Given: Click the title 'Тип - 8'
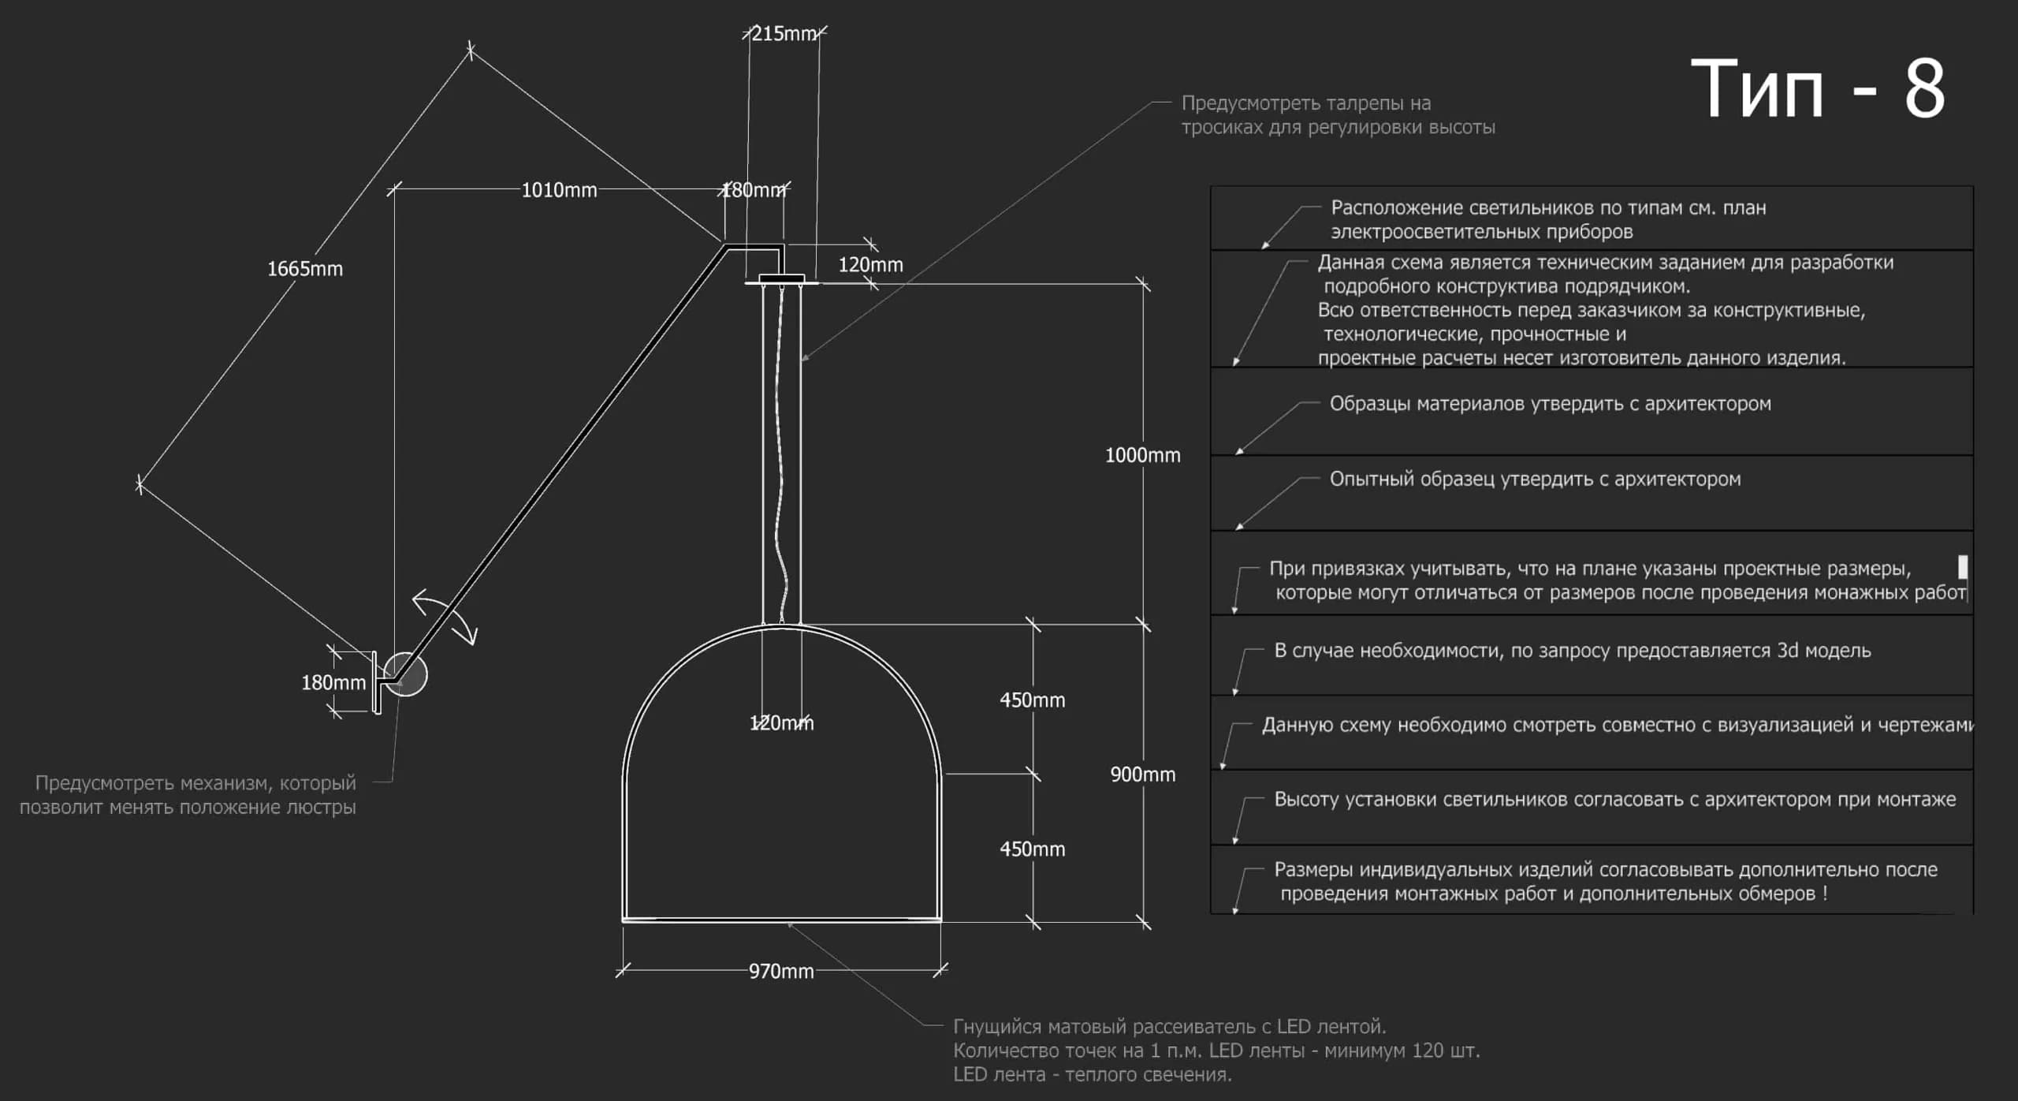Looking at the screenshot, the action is [x=1818, y=88].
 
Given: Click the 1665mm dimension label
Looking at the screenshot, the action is [x=305, y=269].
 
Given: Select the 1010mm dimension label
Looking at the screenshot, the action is [x=559, y=190].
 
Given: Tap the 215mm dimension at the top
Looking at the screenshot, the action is [x=784, y=34].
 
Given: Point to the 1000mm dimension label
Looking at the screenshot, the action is [x=1142, y=455].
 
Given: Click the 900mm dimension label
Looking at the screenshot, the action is [x=1142, y=774].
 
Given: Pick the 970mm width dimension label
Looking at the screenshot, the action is [x=781, y=971].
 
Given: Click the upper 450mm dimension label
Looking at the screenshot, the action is [x=1032, y=700].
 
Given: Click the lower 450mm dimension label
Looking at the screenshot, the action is [x=1032, y=849].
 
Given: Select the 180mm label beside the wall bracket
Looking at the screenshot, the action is [x=333, y=683].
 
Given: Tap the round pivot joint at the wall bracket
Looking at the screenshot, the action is [x=406, y=674].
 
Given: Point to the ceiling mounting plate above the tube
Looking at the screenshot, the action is [x=782, y=279].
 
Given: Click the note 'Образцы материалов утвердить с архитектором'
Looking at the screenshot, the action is [x=1550, y=404].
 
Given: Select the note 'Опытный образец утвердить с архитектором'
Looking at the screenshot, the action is [x=1535, y=480].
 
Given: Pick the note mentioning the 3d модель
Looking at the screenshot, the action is [x=1572, y=651].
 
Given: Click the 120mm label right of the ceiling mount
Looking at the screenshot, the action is [x=870, y=265].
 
